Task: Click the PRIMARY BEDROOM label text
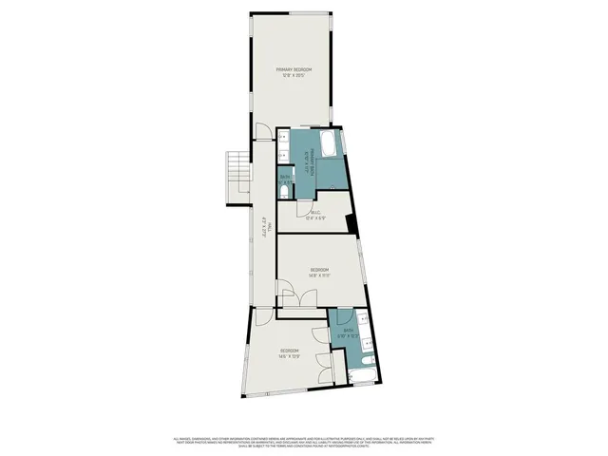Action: pyautogui.click(x=294, y=70)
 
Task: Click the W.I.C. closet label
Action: pyautogui.click(x=316, y=212)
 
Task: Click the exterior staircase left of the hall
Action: pyautogui.click(x=235, y=179)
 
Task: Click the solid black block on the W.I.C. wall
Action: pyautogui.click(x=351, y=224)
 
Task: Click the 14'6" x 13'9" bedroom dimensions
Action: pyautogui.click(x=290, y=357)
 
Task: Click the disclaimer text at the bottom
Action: pyautogui.click(x=304, y=443)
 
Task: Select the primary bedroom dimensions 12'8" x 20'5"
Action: pyautogui.click(x=294, y=76)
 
